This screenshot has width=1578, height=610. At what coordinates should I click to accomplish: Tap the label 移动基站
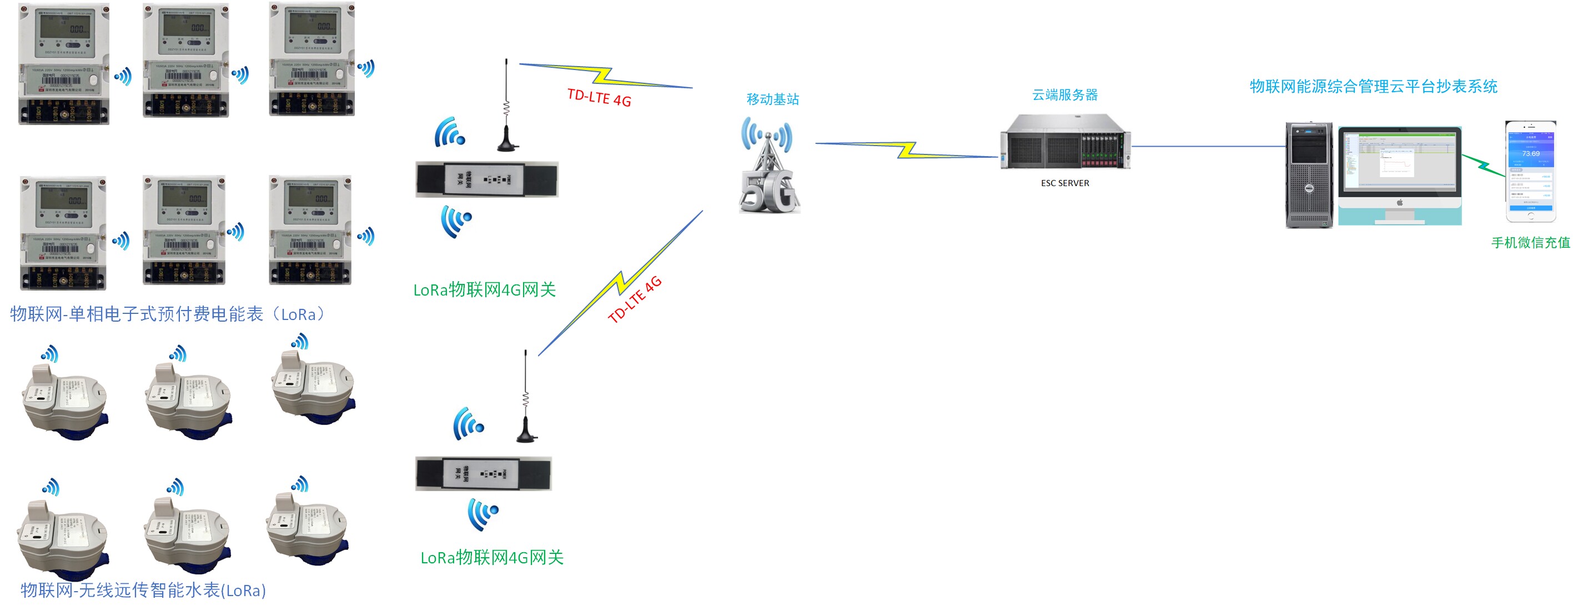[772, 99]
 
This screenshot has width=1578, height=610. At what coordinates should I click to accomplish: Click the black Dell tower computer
[1309, 175]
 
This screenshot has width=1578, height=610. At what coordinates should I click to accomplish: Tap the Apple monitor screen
[1399, 161]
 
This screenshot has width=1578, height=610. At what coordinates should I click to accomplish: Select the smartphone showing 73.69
[1530, 171]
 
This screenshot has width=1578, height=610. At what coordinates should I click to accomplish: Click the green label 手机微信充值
[1530, 243]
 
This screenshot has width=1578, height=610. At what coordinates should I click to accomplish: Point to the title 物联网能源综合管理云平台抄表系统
[1374, 87]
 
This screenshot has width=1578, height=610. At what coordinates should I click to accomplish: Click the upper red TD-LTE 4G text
[599, 97]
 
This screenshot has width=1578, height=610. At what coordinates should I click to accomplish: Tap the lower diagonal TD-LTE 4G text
[635, 300]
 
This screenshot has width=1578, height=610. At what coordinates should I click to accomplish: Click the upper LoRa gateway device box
[486, 179]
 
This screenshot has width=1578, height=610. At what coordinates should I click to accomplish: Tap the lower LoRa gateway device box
[483, 473]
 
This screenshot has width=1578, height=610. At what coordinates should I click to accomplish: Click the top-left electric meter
[64, 64]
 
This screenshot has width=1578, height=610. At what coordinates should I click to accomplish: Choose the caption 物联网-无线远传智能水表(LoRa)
[143, 590]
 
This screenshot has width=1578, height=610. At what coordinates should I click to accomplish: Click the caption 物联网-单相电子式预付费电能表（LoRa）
[168, 314]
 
